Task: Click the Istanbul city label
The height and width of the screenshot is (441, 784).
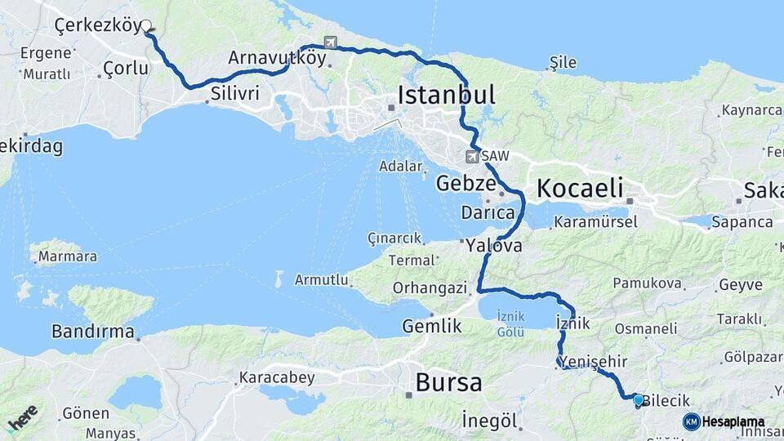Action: [x=447, y=95]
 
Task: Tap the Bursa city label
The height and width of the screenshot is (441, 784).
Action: [x=448, y=381]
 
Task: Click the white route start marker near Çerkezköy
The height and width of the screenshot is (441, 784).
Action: [x=147, y=25]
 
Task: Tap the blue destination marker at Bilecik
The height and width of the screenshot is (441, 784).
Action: [x=638, y=400]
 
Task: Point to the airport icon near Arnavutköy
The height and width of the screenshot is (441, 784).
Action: [x=330, y=42]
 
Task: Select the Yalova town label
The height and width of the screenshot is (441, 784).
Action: [x=494, y=244]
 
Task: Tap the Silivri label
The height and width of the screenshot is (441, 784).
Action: [x=234, y=94]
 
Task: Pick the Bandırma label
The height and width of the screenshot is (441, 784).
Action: [x=92, y=332]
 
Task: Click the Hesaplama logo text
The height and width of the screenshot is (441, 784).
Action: [x=733, y=421]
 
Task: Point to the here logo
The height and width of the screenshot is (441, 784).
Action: [x=22, y=418]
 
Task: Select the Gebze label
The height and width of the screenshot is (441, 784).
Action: [x=465, y=182]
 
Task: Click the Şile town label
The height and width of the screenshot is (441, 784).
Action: [x=563, y=63]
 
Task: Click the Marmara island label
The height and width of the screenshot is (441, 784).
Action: [x=68, y=256]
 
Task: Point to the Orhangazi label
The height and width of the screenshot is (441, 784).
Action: [x=430, y=287]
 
